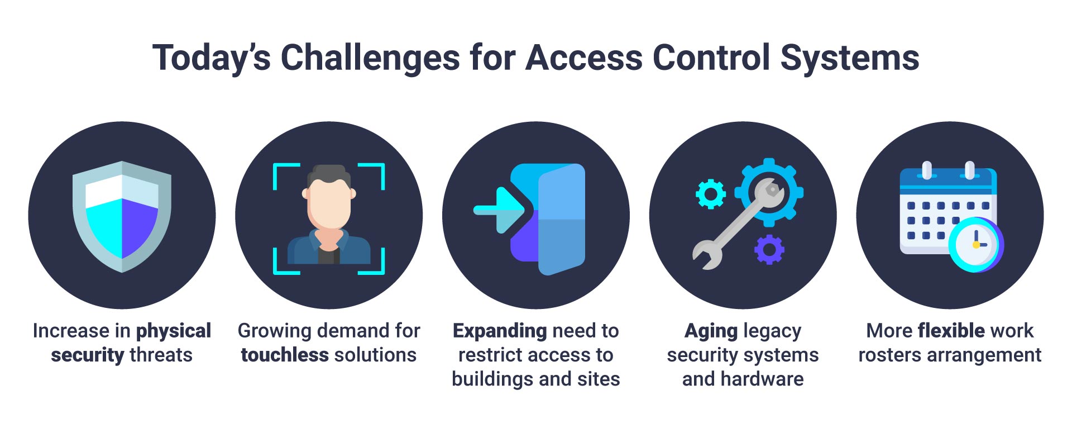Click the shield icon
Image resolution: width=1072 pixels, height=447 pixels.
122,217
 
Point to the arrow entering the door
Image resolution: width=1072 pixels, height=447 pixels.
499,210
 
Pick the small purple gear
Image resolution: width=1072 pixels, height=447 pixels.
769,250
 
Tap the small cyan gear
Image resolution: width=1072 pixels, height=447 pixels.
711,194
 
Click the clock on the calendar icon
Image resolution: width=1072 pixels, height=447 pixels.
976,245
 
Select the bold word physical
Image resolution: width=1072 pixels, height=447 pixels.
174,331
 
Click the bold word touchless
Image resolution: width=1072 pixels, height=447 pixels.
285,355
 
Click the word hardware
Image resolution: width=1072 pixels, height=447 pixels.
762,379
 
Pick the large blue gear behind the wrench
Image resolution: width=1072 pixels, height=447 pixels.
769,192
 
